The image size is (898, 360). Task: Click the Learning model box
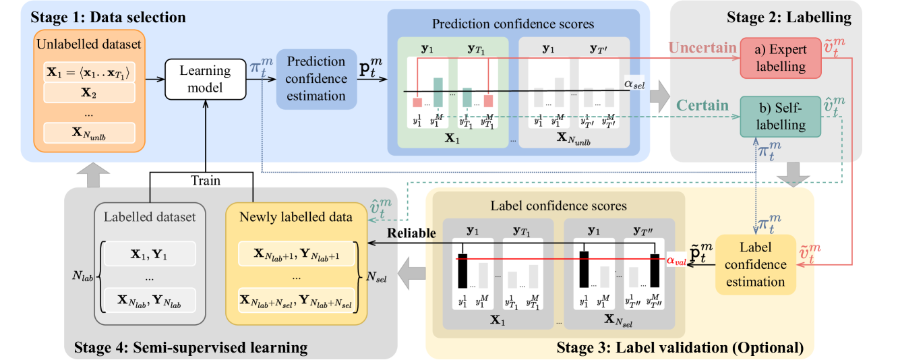(x=206, y=79)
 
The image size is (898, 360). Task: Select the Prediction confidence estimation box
(x=316, y=79)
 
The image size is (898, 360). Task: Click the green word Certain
(x=702, y=105)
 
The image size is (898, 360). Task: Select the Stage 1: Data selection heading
(x=108, y=16)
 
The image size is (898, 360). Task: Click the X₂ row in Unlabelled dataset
(x=89, y=94)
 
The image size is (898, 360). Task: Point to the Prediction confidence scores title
(x=513, y=24)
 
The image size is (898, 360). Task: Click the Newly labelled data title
(x=295, y=217)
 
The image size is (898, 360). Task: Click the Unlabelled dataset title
(x=89, y=44)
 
